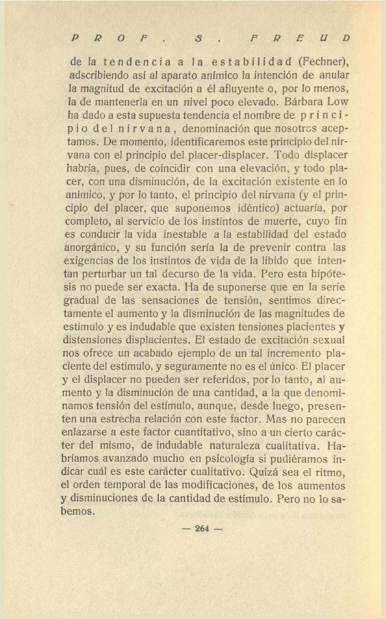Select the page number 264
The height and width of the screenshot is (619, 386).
tap(202, 528)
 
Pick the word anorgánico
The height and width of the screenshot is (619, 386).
tap(92, 247)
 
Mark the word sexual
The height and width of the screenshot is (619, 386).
tap(329, 340)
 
